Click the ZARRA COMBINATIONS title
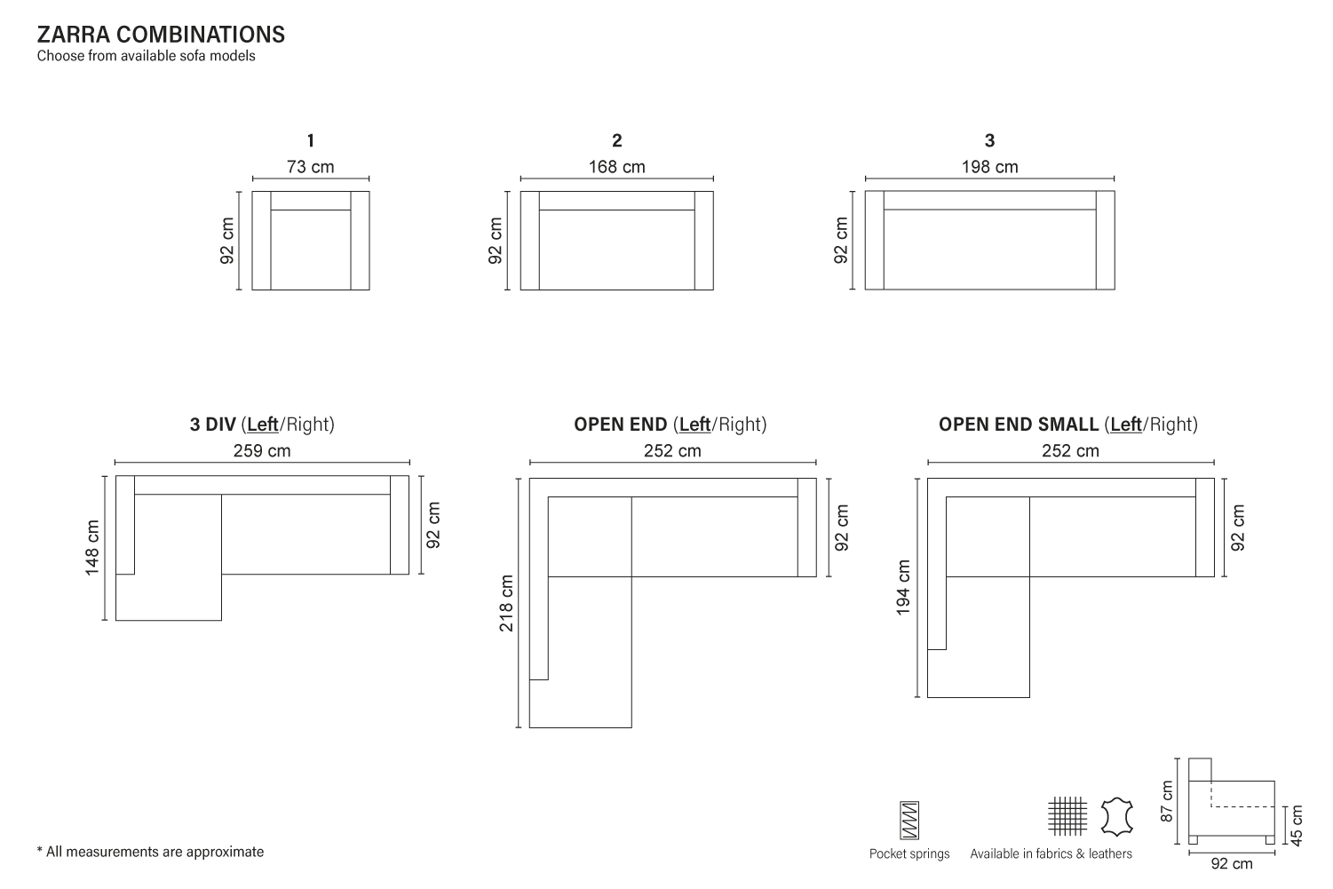coord(161,35)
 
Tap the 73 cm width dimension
coord(310,167)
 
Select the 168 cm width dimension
coord(616,167)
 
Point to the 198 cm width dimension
coord(989,167)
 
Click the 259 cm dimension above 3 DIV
coord(262,450)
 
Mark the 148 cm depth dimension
coord(91,547)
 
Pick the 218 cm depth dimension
coord(506,603)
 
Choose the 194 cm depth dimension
coord(903,587)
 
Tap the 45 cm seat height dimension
coord(1297,825)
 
